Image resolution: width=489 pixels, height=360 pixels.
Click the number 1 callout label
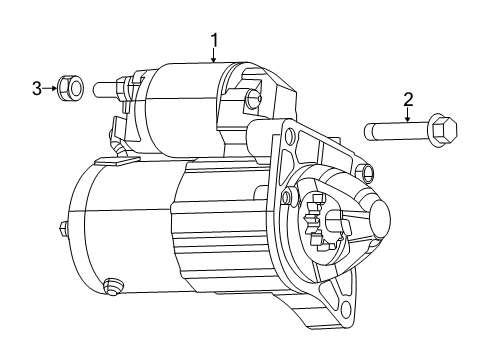(x=213, y=40)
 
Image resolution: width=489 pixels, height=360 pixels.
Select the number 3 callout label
(x=37, y=88)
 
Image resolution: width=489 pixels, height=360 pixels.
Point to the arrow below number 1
(x=213, y=57)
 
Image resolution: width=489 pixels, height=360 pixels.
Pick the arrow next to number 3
(x=50, y=88)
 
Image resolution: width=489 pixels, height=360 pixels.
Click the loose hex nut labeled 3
(x=69, y=88)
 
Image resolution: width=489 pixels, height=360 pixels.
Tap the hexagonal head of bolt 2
(x=442, y=130)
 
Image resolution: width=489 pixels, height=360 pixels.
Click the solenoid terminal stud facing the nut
(x=108, y=88)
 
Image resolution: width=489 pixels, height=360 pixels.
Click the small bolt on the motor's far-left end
(x=63, y=229)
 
